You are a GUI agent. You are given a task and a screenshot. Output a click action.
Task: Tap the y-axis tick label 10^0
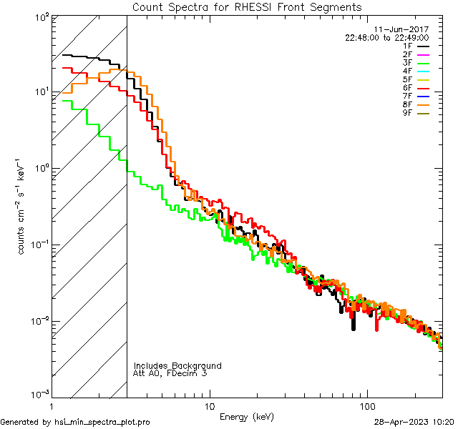[40, 168]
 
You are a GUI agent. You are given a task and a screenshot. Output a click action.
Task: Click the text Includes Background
[177, 366]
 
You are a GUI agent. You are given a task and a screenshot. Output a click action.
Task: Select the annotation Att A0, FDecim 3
[170, 374]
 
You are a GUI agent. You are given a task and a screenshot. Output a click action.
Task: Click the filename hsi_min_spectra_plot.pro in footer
[102, 423]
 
